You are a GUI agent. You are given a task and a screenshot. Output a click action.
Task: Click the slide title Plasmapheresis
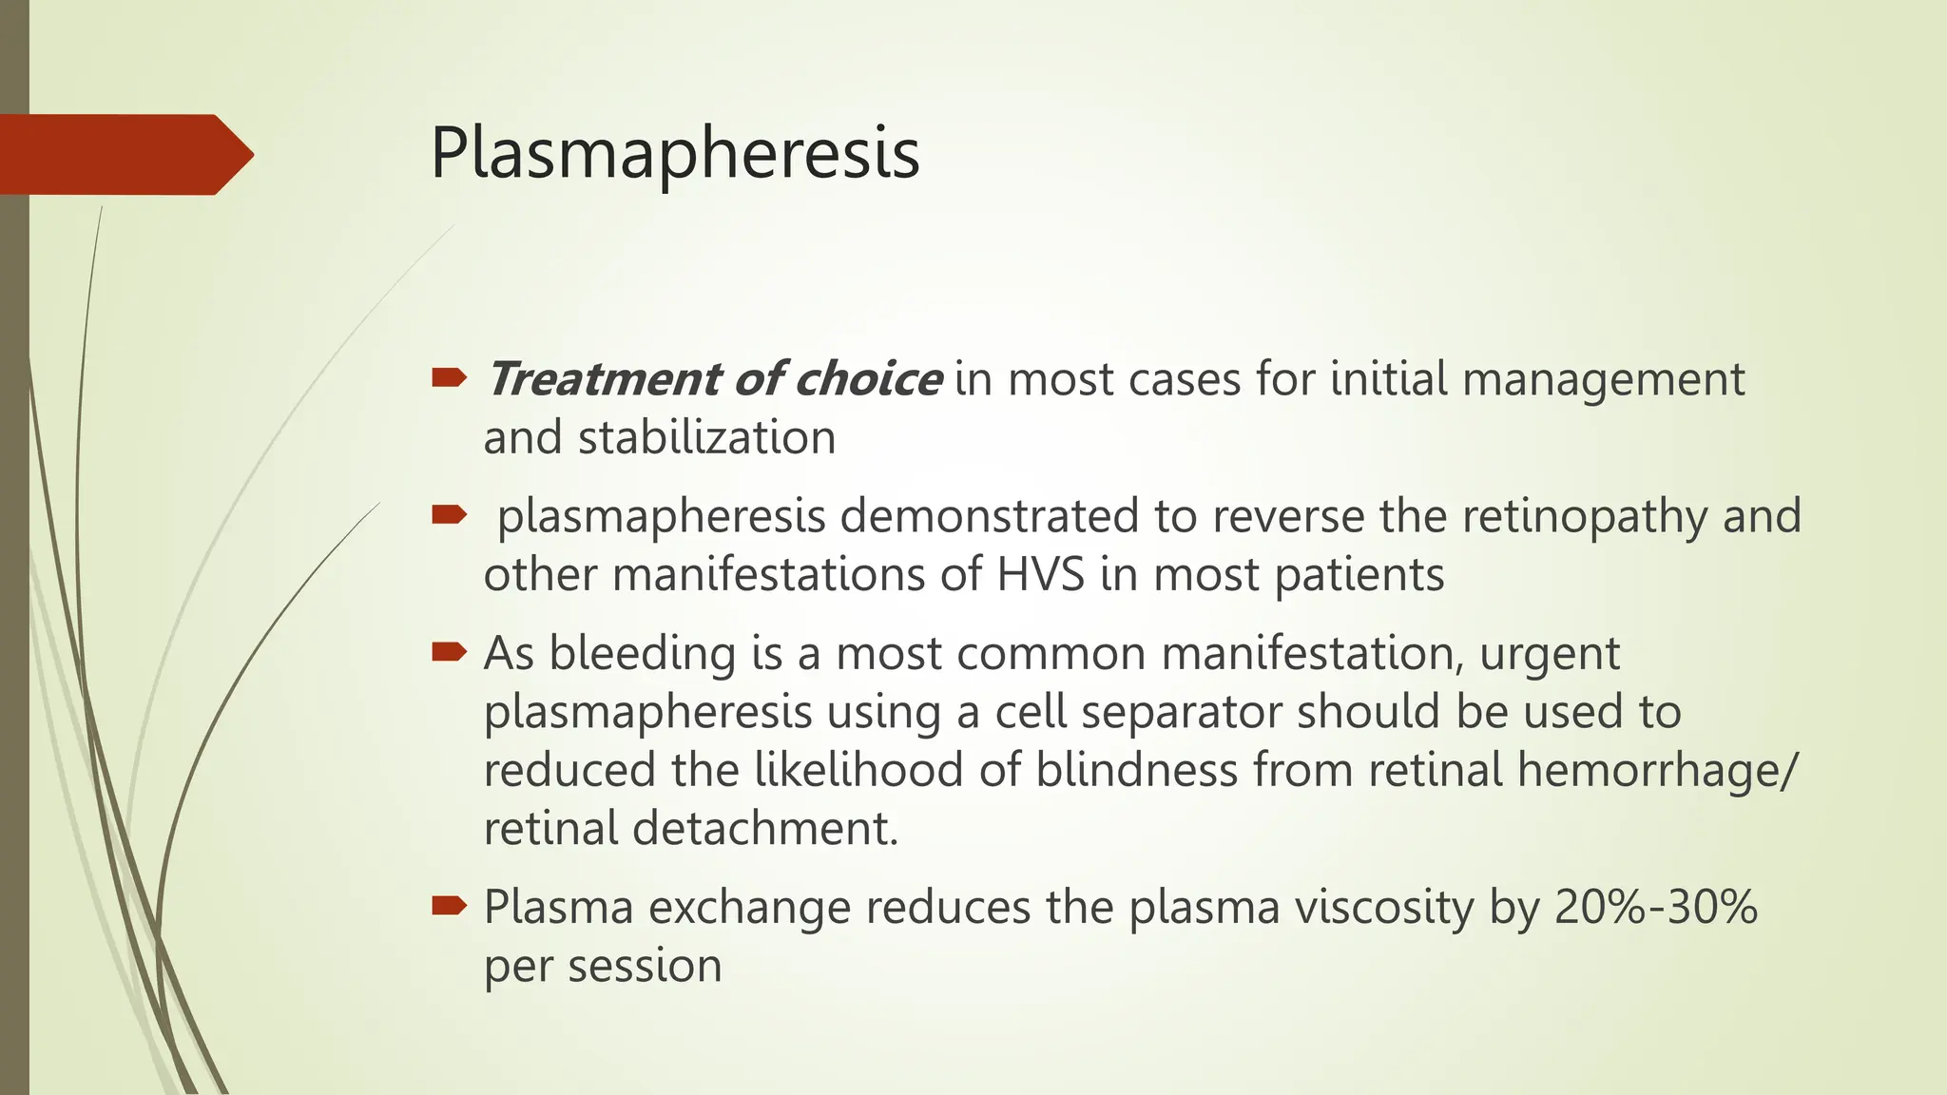click(675, 153)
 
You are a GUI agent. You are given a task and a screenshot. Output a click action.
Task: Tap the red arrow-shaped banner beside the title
click(124, 154)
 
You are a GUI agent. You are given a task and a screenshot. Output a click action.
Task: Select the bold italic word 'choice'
click(868, 379)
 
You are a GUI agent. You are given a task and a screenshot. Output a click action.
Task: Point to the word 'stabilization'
click(706, 438)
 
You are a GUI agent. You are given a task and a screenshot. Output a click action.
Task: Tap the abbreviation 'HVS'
click(1040, 575)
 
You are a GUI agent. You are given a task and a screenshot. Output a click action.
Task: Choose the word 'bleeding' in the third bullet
click(642, 653)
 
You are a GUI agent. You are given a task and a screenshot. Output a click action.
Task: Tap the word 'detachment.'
click(765, 829)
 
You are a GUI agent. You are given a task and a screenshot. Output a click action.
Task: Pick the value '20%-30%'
click(1656, 907)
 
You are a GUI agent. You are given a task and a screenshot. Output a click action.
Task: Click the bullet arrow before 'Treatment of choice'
click(449, 379)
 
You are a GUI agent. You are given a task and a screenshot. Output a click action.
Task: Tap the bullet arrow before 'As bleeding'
click(449, 652)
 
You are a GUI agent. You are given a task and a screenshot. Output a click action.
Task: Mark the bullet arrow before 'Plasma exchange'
click(449, 906)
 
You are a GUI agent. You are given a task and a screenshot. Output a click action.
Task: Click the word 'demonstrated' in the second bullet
click(990, 516)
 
